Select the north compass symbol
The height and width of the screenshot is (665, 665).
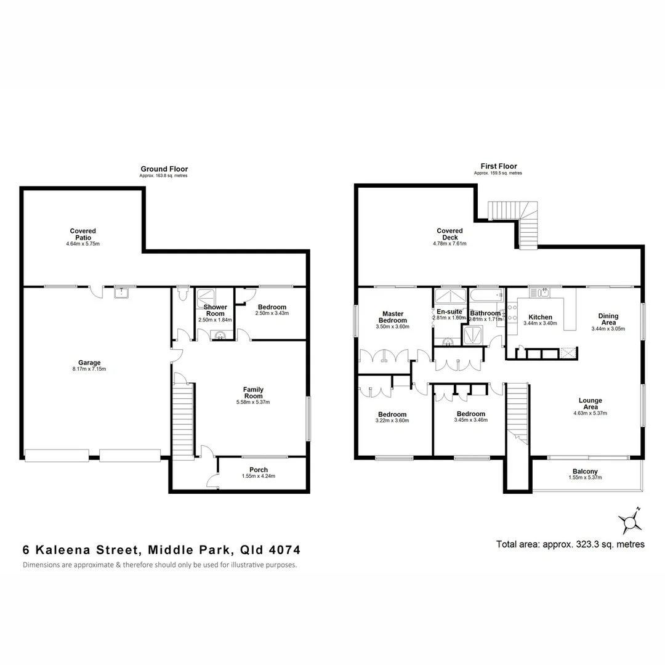click(630, 523)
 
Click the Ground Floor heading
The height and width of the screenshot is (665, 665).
click(164, 169)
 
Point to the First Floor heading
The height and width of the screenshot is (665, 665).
click(498, 166)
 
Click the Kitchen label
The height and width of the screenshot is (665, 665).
click(540, 317)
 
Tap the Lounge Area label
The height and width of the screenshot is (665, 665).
click(590, 403)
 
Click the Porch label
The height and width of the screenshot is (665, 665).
click(259, 470)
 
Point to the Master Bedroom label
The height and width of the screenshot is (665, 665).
click(392, 317)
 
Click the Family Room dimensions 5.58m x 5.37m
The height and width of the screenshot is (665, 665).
click(253, 402)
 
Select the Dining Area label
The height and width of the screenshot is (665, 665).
click(608, 319)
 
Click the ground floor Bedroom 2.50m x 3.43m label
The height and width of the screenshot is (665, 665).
click(272, 307)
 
